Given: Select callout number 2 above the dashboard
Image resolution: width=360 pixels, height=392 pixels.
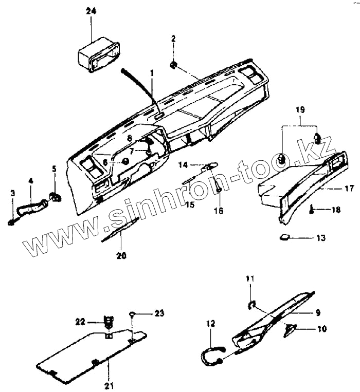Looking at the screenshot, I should click(x=173, y=39).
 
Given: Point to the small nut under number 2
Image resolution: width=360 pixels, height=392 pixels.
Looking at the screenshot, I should click(x=174, y=64).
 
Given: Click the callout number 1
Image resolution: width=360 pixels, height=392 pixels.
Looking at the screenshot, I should click(x=152, y=73).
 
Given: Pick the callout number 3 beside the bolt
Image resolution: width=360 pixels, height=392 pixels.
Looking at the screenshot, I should click(x=13, y=193).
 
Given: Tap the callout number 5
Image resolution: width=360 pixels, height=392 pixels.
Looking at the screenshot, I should click(x=54, y=169).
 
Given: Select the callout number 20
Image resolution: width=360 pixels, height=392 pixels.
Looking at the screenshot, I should click(x=121, y=255).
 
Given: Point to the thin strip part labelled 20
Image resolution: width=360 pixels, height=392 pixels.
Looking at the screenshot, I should click(x=121, y=230).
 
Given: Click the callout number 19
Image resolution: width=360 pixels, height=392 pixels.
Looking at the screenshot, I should click(x=300, y=110).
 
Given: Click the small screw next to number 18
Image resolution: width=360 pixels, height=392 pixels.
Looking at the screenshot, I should click(x=312, y=209).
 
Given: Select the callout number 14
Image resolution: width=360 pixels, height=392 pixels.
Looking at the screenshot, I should click(x=184, y=165).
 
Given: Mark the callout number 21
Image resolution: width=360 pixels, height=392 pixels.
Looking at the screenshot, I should click(x=109, y=385).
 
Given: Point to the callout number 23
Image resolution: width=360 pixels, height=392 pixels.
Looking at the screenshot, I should click(x=159, y=312).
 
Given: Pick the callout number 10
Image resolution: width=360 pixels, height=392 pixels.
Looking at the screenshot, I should click(x=322, y=329).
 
